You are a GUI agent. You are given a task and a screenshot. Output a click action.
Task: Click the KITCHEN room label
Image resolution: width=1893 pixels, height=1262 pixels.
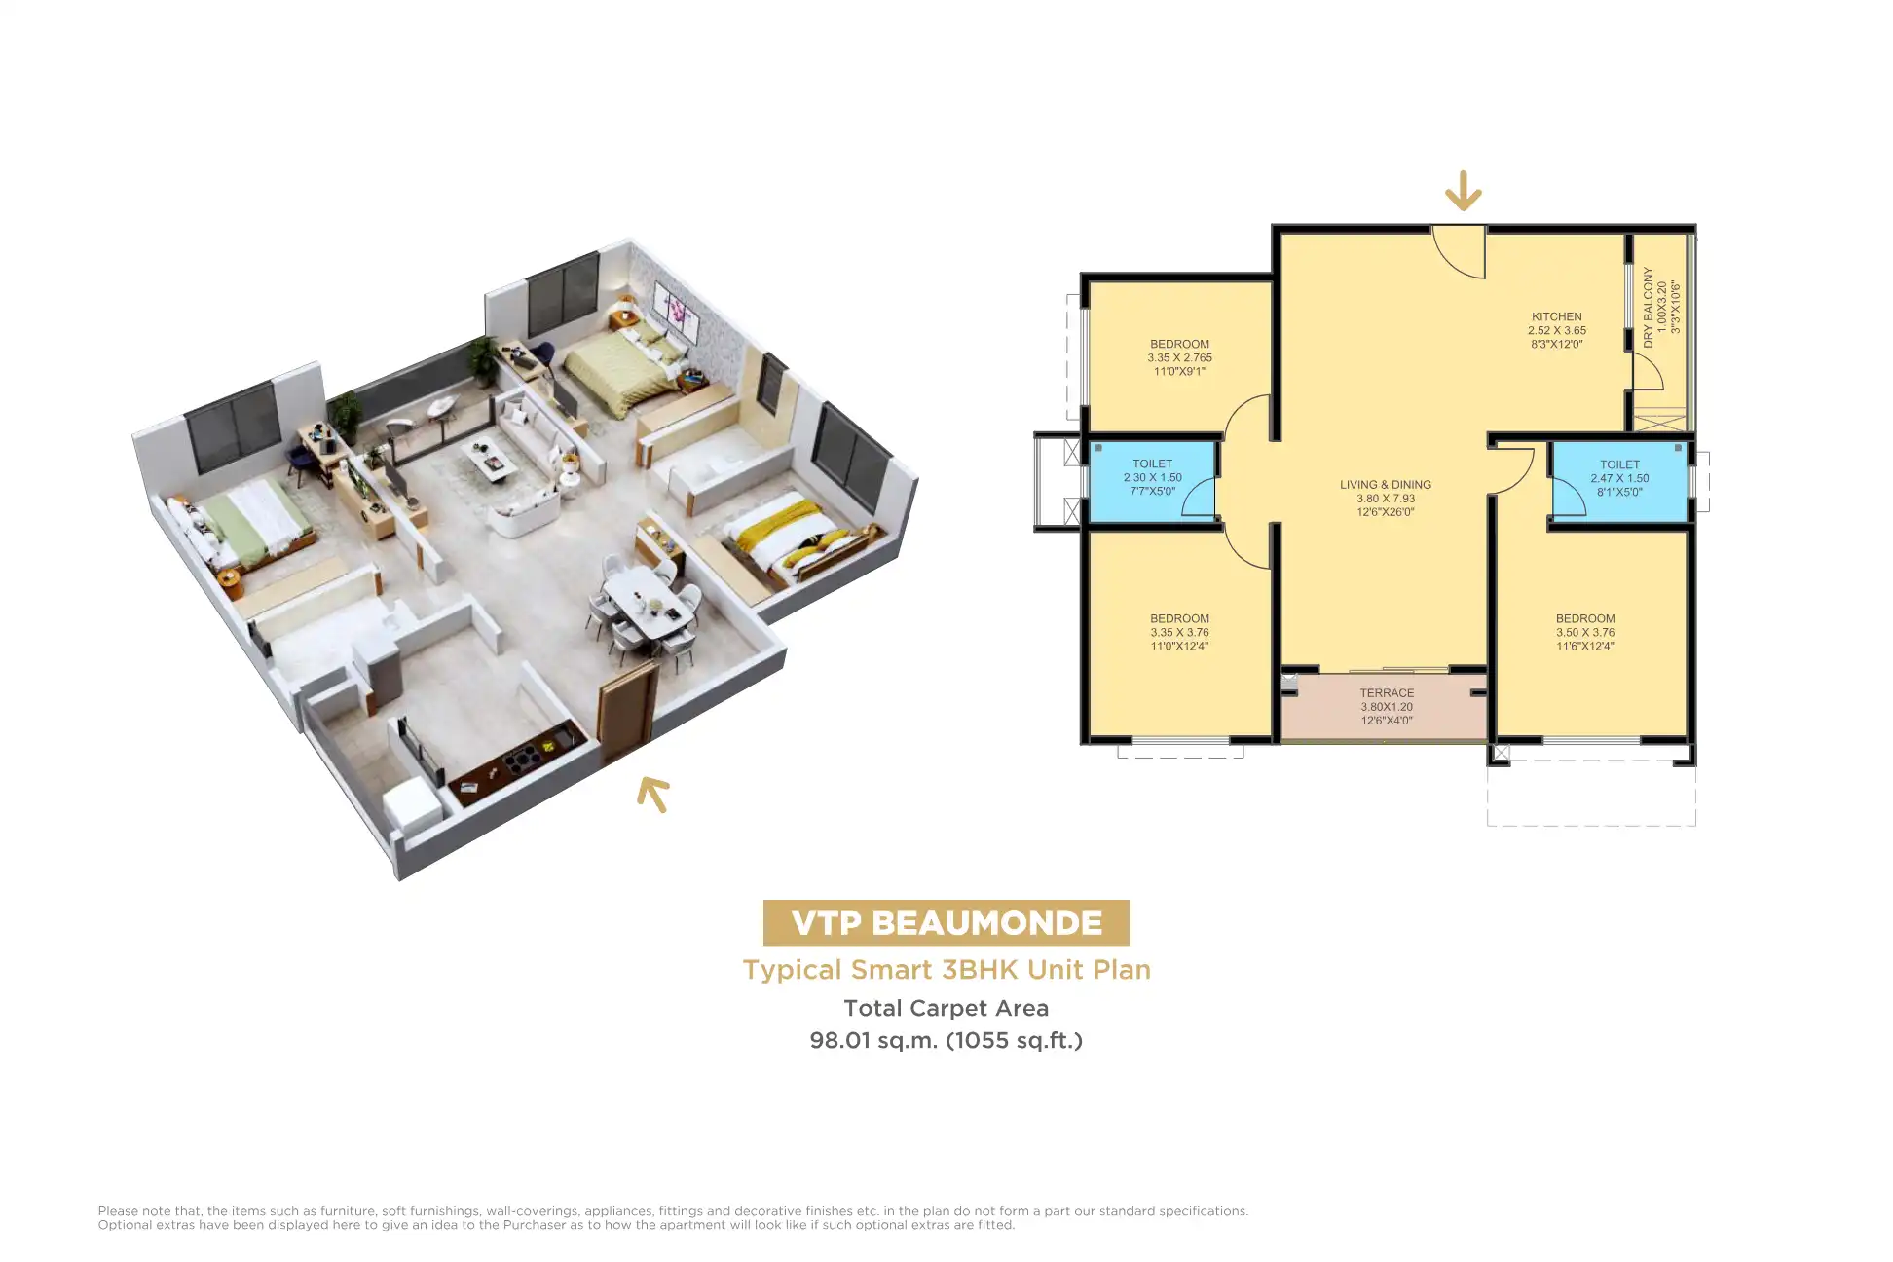tap(1556, 316)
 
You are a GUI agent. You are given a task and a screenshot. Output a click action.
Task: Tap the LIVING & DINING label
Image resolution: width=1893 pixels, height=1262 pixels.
tap(1385, 484)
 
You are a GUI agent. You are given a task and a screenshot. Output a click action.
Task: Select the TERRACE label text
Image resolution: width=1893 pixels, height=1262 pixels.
tap(1387, 693)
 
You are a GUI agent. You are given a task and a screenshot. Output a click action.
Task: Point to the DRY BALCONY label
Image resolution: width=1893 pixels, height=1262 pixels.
tap(1648, 308)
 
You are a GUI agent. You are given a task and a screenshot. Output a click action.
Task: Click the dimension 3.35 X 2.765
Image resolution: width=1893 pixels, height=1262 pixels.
tap(1179, 357)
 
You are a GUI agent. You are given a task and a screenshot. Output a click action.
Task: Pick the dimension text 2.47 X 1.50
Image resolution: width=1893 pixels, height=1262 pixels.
tap(1619, 478)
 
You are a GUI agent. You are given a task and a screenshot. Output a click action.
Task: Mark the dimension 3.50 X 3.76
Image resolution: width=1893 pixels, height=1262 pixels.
tap(1585, 632)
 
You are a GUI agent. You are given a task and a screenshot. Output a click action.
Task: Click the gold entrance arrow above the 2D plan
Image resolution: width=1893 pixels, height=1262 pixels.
tap(1463, 191)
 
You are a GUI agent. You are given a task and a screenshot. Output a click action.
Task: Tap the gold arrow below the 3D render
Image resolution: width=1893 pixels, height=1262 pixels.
tap(653, 794)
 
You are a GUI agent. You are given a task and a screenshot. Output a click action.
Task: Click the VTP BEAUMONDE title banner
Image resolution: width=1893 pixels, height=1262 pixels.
tap(946, 922)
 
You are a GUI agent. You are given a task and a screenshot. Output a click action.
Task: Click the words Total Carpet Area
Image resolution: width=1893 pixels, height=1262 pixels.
tap(946, 1008)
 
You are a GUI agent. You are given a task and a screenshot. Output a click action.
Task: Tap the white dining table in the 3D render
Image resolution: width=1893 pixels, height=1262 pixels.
tap(648, 603)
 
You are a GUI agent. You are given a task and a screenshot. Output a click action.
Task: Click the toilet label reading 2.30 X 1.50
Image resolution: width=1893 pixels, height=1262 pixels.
tap(1152, 477)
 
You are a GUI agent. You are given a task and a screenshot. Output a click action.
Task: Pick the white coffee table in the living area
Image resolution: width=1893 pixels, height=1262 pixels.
tap(490, 461)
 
